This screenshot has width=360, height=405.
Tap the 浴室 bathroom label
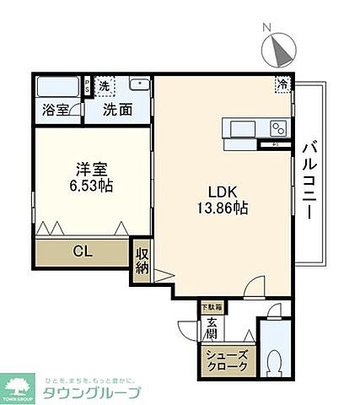[52, 110]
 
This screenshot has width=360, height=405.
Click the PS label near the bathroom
[88, 86]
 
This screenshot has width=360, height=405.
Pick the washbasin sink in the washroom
[137, 86]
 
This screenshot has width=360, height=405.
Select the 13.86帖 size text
[223, 207]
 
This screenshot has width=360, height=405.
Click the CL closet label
[82, 251]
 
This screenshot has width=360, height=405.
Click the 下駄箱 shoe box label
[209, 306]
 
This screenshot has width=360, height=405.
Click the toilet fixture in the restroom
[274, 361]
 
